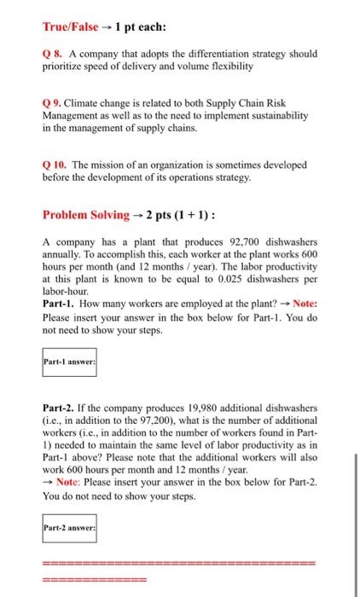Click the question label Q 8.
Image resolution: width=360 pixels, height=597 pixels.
[x=51, y=54]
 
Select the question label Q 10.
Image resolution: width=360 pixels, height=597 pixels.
[x=54, y=163]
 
